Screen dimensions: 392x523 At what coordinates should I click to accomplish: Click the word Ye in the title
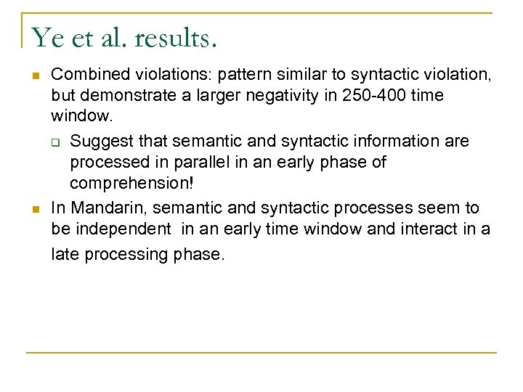[47, 37]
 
